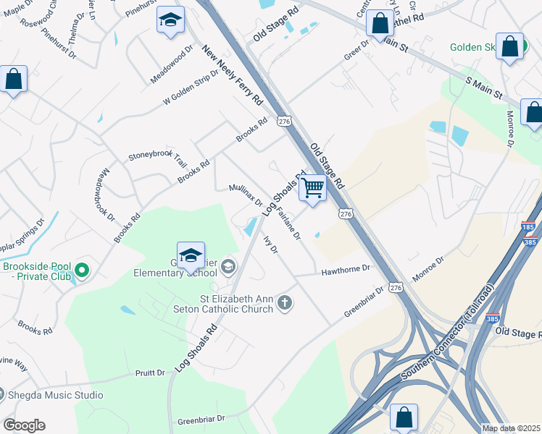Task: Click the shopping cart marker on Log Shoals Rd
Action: tap(312, 187)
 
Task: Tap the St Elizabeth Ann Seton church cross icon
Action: tap(285, 302)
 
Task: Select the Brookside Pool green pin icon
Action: tap(82, 271)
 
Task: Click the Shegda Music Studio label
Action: tap(55, 395)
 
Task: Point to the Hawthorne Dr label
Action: tap(346, 269)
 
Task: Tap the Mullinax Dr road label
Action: tap(246, 195)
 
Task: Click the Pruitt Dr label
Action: tap(151, 373)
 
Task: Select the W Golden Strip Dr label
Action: tap(191, 89)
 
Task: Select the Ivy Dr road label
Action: tap(270, 244)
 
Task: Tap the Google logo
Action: tap(24, 425)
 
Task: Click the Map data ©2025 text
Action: tap(511, 428)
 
